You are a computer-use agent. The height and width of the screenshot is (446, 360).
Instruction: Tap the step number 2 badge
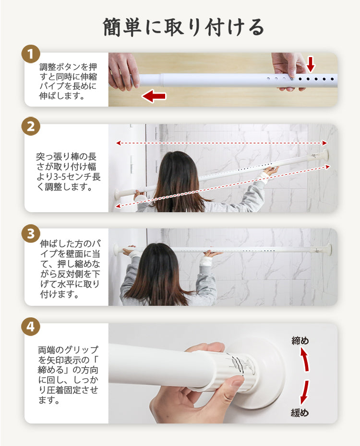tap(31, 126)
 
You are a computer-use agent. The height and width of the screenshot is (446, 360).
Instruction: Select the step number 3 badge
tap(31, 234)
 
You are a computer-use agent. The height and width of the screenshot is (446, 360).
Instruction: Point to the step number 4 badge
tap(31, 327)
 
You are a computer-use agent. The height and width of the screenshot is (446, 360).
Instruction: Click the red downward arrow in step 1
tap(311, 64)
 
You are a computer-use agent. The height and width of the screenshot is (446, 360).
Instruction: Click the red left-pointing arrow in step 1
tap(154, 96)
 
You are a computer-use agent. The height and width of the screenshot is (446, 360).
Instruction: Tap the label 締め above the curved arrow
tap(300, 340)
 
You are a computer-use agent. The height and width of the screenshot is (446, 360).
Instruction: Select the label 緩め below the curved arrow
tap(300, 412)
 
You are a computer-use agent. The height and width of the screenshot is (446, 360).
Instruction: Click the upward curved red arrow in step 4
tap(305, 360)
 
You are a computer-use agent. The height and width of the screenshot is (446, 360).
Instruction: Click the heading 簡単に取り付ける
tap(183, 27)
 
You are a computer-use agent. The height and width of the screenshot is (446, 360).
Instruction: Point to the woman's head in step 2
tap(177, 170)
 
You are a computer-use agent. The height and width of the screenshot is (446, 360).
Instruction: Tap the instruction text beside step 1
tap(68, 81)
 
